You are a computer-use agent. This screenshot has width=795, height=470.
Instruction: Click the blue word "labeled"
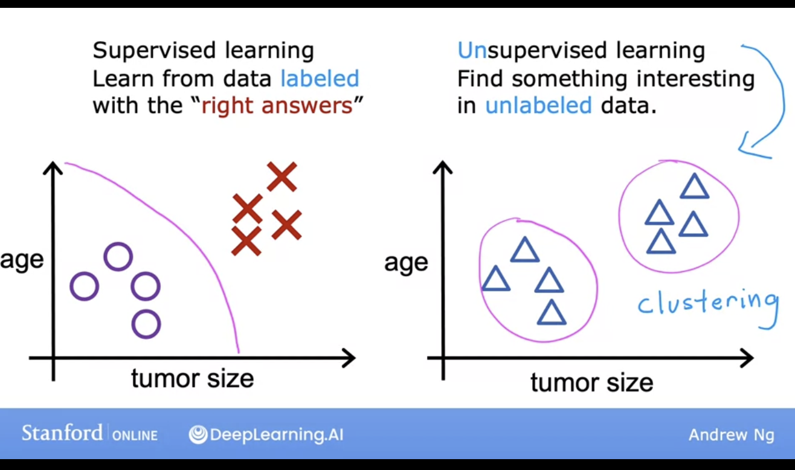320,79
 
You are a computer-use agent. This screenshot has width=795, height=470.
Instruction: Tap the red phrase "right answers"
277,106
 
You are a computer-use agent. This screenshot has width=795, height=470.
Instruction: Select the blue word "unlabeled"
538,105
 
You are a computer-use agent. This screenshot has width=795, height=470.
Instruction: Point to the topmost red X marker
282,177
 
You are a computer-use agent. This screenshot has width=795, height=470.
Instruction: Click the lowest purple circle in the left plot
146,324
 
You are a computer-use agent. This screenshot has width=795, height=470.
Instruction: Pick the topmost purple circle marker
118,257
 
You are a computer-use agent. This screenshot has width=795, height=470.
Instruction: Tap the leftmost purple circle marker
85,286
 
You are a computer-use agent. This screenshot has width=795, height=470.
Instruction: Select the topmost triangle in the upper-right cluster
695,186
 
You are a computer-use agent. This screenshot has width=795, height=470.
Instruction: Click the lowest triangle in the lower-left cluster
552,313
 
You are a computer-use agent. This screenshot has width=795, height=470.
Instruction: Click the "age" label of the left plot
22,260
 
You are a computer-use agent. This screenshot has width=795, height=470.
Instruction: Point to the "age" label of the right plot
407,263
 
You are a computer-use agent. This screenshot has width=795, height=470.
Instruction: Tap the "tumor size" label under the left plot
193,378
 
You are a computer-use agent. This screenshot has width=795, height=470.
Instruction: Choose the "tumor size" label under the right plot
592,382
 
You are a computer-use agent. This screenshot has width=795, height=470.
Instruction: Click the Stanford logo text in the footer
62,433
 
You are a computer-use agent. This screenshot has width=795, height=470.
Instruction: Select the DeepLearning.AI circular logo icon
198,434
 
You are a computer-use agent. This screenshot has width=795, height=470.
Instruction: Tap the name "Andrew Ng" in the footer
732,435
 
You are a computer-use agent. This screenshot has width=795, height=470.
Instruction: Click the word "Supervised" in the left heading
154,50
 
